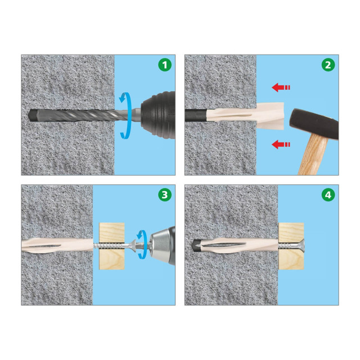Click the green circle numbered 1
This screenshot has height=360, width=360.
pyautogui.click(x=165, y=65)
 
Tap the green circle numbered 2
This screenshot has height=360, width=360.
pyautogui.click(x=328, y=65)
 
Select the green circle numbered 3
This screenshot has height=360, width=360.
pyautogui.click(x=165, y=195)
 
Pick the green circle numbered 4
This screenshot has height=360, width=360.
pyautogui.click(x=328, y=195)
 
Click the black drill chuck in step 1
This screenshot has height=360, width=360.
pyautogui.click(x=159, y=115)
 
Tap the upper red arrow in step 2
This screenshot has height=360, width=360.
pyautogui.click(x=281, y=88)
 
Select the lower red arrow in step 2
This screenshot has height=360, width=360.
pyautogui.click(x=281, y=145)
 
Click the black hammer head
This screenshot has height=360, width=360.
pyautogui.click(x=314, y=124)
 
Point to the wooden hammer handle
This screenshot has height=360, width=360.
pyautogui.click(x=313, y=156)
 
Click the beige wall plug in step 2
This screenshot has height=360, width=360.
pyautogui.click(x=245, y=115)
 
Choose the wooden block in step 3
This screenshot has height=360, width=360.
pyautogui.click(x=112, y=246)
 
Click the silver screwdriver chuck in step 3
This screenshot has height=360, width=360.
pyautogui.click(x=162, y=246)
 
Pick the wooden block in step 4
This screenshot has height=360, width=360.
pyautogui.click(x=291, y=246)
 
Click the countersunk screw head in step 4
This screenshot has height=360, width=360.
pyautogui.click(x=302, y=246)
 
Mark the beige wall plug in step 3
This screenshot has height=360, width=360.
pyautogui.click(x=57, y=245)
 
